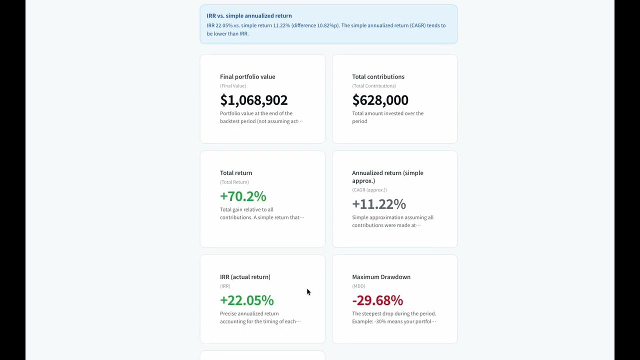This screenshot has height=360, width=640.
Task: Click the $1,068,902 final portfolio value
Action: click(253, 100)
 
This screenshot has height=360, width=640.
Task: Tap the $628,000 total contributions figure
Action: click(380, 100)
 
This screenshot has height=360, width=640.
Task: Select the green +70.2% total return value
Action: click(243, 196)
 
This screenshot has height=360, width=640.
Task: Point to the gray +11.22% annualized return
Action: click(379, 204)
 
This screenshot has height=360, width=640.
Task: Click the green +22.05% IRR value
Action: click(247, 300)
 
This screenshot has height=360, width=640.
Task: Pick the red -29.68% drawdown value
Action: click(377, 300)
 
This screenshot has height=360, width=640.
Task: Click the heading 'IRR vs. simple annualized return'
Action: click(249, 15)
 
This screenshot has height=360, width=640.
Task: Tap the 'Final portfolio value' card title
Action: click(247, 76)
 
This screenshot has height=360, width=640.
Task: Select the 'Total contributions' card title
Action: click(378, 76)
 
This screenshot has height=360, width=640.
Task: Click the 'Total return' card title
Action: click(236, 173)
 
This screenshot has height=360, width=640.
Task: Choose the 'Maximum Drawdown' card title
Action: click(381, 277)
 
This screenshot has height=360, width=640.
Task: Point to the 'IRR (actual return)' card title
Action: click(245, 277)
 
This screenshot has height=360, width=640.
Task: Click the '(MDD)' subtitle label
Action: click(358, 286)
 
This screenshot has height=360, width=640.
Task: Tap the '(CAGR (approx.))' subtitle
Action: click(369, 190)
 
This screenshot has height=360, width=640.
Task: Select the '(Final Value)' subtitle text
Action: click(233, 85)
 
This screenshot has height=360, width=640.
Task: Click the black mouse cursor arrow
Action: click(308, 291)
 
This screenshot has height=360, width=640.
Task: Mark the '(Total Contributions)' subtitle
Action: click(374, 85)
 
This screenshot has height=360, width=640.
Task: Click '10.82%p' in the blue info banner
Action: click(328, 25)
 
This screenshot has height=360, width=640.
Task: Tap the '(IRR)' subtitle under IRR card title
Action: click(225, 286)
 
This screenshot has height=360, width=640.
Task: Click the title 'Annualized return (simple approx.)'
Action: click(387, 177)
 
